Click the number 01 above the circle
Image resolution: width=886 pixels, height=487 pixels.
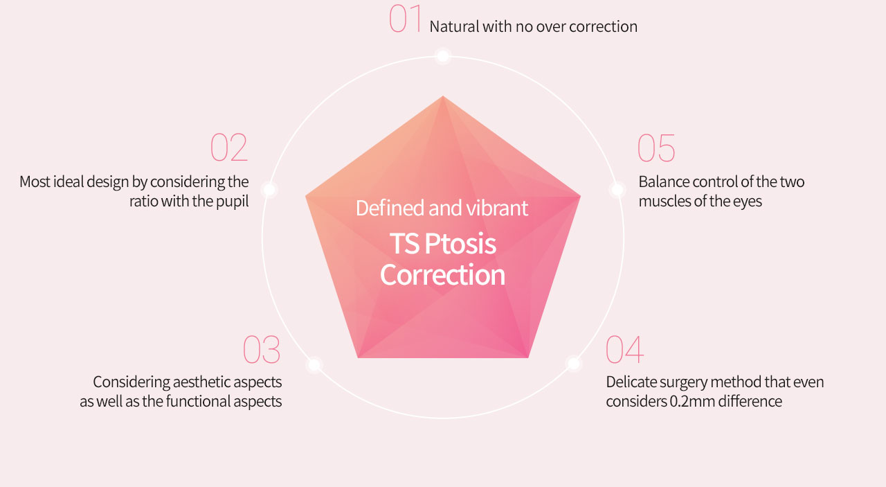(x=405, y=18)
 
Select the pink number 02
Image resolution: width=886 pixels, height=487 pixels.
(x=229, y=148)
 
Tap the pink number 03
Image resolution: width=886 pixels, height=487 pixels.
(x=262, y=349)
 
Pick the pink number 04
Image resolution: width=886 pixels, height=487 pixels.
(x=624, y=349)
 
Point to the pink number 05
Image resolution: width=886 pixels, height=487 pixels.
(x=656, y=148)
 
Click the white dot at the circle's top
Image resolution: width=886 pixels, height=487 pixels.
(x=443, y=56)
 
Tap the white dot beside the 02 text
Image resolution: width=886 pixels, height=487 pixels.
(x=269, y=190)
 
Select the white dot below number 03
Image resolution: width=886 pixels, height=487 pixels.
(x=314, y=364)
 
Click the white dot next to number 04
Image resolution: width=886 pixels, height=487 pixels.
(x=574, y=364)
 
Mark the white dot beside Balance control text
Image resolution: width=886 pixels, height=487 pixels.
(x=617, y=190)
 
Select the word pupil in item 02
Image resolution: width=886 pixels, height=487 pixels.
(x=232, y=202)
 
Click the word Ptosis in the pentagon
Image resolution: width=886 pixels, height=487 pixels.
(x=460, y=245)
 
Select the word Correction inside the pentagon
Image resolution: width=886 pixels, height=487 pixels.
(x=442, y=275)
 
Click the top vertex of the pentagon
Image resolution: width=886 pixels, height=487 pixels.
(x=443, y=96)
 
